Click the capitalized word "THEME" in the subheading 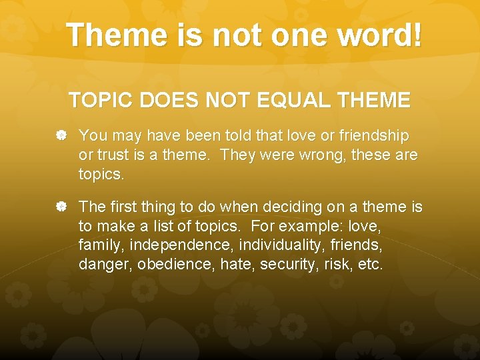click(x=374, y=101)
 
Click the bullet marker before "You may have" click(x=61, y=136)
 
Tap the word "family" click(x=101, y=246)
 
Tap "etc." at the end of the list click(x=369, y=264)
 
